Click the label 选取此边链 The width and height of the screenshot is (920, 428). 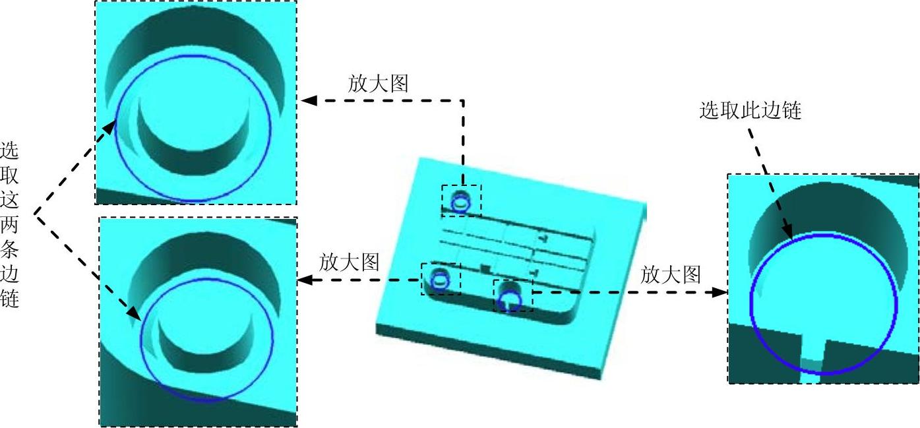coord(750,110)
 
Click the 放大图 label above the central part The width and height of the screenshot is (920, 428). coord(378,83)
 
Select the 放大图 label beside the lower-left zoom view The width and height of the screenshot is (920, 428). coord(349,262)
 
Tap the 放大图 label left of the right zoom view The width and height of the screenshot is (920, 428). coord(671,274)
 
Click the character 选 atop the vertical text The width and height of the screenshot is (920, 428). coord(10,150)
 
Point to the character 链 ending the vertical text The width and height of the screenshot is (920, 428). coord(10,299)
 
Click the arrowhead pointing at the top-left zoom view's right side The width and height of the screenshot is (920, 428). coord(308,101)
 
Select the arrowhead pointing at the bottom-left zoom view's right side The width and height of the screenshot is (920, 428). coord(305,280)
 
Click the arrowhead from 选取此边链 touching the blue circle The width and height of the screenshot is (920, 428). coord(788,231)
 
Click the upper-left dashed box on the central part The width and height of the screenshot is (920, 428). coord(462,200)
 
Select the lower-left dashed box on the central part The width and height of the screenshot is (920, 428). coord(441,279)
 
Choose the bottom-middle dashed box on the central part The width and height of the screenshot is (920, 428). coord(513,295)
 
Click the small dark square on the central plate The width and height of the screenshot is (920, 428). coord(485,268)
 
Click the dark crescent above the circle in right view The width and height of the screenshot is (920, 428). coord(824,211)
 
